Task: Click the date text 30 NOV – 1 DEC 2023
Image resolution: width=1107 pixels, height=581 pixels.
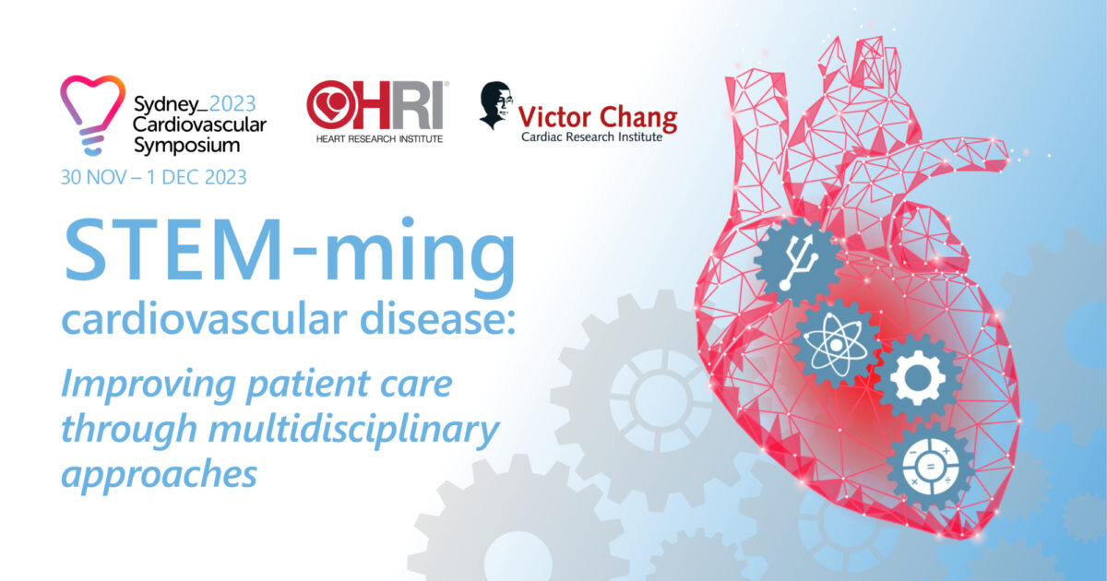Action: [153, 177]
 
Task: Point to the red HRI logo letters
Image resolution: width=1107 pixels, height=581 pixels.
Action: [378, 104]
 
